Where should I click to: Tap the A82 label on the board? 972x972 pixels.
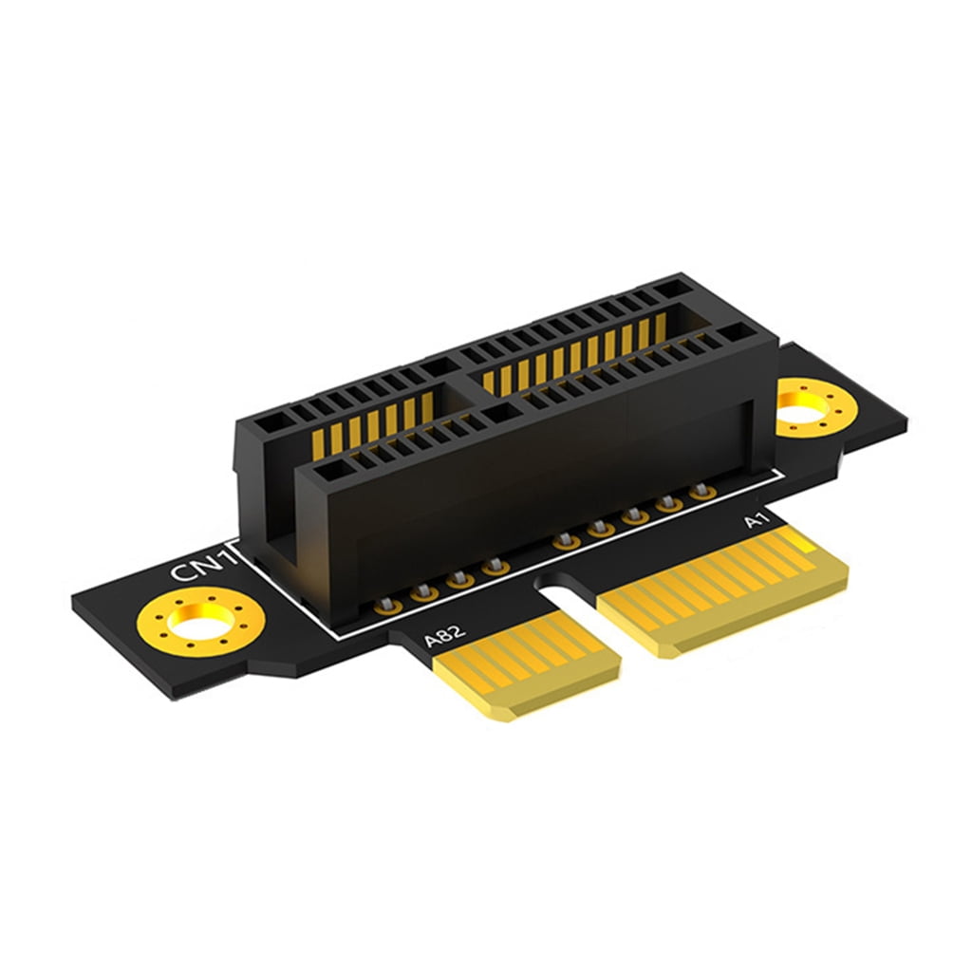point(443,633)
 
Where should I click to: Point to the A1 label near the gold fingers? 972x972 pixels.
point(757,521)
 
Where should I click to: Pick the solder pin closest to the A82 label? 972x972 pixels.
point(386,603)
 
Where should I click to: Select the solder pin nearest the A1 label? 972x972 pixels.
point(701,491)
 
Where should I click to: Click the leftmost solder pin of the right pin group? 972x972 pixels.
point(566,541)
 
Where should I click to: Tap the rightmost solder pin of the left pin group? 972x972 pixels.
point(493,568)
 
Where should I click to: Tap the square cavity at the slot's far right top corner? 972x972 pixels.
point(730,333)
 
